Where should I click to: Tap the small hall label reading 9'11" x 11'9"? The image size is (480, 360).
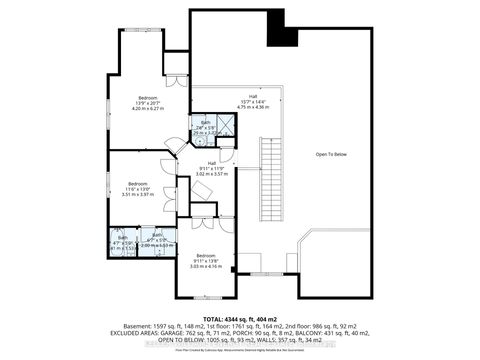212,168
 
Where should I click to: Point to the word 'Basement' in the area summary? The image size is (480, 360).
131,325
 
